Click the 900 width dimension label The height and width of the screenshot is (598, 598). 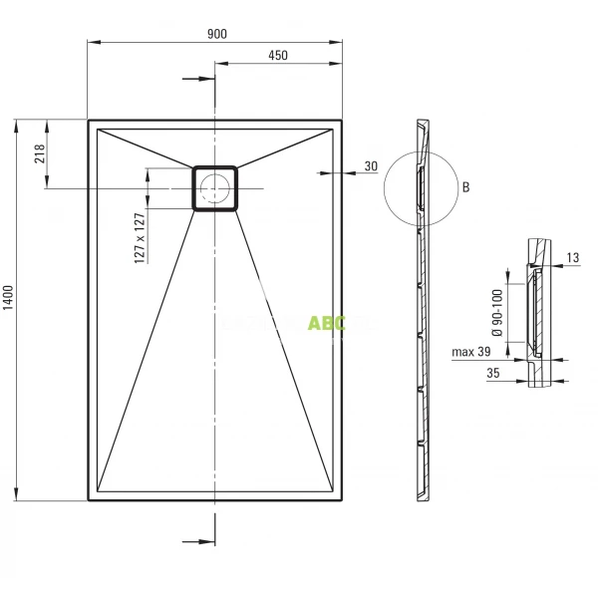pyautogui.click(x=216, y=33)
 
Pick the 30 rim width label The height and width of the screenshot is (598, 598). pyautogui.click(x=371, y=166)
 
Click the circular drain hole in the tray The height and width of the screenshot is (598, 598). pyautogui.click(x=214, y=187)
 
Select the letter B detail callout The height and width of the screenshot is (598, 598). pyautogui.click(x=464, y=186)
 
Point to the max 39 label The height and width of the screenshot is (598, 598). pyautogui.click(x=471, y=352)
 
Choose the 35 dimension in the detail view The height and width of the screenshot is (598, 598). pyautogui.click(x=492, y=373)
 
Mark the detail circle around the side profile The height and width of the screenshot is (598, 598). pyautogui.click(x=420, y=186)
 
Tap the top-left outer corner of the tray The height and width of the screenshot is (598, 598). pyautogui.click(x=89, y=121)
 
